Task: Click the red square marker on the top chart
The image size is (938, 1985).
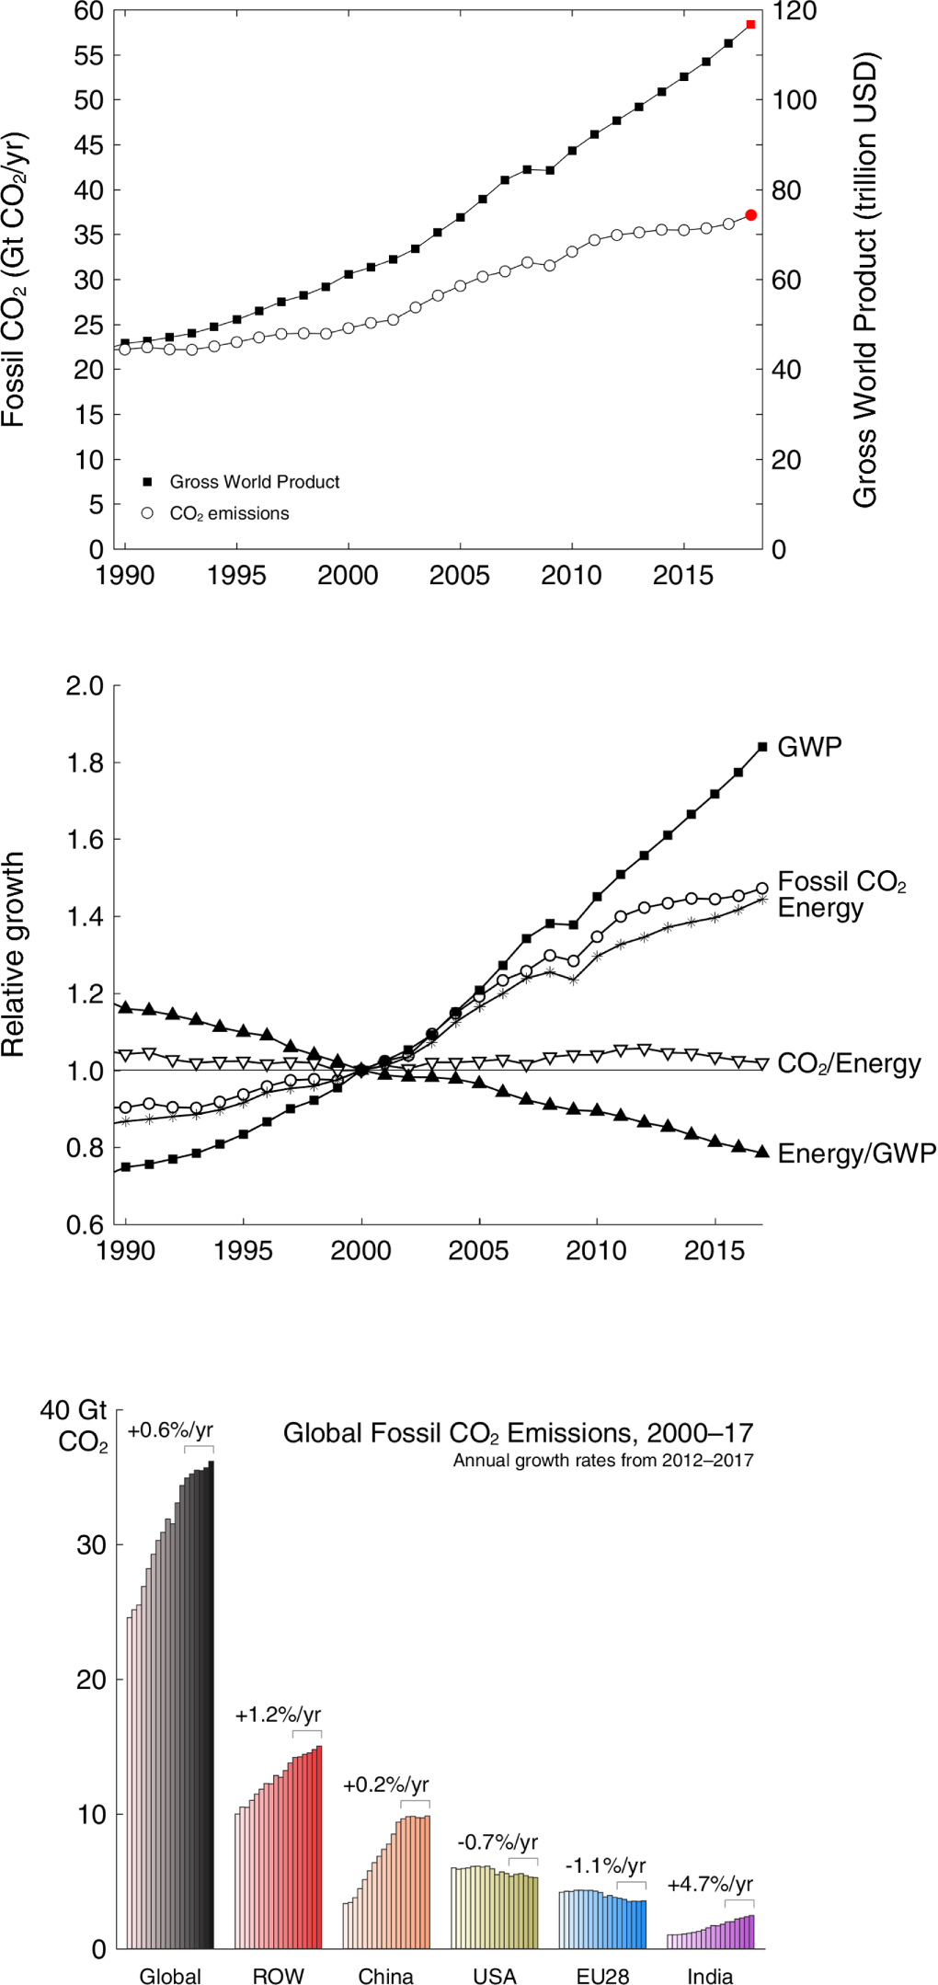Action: [x=750, y=24]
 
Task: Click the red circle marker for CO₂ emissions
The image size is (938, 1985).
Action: [x=750, y=215]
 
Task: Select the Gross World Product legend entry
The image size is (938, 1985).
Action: [x=254, y=482]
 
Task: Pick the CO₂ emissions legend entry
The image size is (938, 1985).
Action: [x=229, y=513]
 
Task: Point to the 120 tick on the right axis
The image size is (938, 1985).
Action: [x=794, y=12]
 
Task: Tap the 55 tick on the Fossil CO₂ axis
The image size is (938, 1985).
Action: [x=89, y=55]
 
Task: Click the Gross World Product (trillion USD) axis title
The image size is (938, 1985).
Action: [x=865, y=280]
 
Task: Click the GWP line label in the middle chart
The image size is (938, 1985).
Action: [x=809, y=746]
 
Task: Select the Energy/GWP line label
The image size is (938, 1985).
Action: [x=856, y=1153]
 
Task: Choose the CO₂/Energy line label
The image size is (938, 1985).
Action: [x=849, y=1063]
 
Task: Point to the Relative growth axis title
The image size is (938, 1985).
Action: [x=13, y=954]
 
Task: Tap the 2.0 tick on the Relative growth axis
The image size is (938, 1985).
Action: [x=85, y=686]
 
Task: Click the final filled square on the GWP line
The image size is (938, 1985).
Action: [x=762, y=747]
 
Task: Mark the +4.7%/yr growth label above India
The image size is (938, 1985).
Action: [x=710, y=1884]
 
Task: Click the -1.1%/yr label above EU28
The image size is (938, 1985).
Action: [x=605, y=1865]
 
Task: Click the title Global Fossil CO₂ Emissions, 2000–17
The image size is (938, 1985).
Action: [x=518, y=1433]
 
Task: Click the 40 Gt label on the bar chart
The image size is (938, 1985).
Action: [x=74, y=1411]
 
